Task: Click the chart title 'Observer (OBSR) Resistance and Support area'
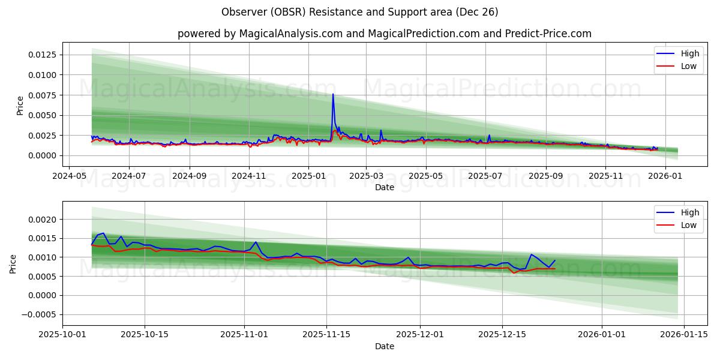tap(359, 12)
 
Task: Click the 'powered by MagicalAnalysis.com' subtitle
tap(384, 34)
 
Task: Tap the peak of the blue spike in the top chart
tap(333, 94)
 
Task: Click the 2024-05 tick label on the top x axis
tap(69, 176)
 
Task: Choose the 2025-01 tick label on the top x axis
tap(308, 176)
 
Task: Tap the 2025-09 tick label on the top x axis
tap(545, 176)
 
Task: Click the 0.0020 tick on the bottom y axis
tap(43, 220)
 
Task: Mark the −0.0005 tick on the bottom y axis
tap(41, 314)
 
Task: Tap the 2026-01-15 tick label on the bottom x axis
tap(683, 335)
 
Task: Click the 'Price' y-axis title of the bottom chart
tap(13, 264)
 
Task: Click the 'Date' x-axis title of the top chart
tap(384, 187)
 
